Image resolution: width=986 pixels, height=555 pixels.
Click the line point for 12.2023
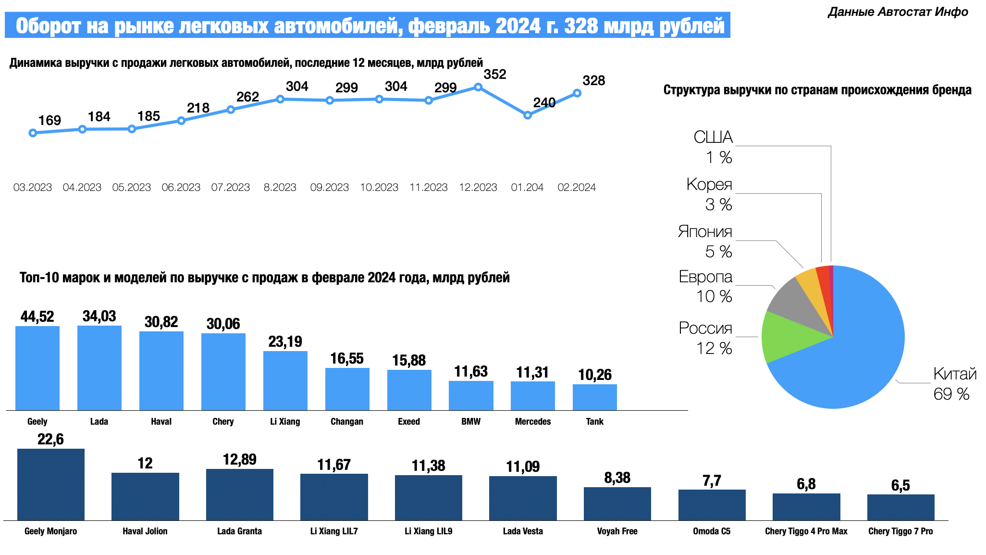[x=478, y=87]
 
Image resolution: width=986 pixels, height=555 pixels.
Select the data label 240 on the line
[x=544, y=102]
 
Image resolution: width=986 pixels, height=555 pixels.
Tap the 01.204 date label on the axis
[x=527, y=188]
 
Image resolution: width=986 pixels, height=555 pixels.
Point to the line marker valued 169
[x=33, y=133]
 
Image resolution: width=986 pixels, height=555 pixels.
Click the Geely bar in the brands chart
[x=37, y=368]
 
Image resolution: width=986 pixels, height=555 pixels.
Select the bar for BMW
[x=471, y=395]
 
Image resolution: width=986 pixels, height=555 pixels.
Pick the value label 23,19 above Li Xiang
[x=285, y=341]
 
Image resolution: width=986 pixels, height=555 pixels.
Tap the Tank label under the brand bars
[x=594, y=422]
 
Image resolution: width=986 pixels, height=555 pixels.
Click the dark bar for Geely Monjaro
[x=51, y=484]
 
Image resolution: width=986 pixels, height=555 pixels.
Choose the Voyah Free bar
[x=617, y=504]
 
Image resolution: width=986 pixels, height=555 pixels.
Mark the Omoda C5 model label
[x=711, y=531]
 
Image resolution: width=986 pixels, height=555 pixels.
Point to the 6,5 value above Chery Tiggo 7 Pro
[x=900, y=485]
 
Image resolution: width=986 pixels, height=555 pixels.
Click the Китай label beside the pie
[x=954, y=374]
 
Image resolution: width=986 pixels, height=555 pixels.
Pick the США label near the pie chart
[x=713, y=138]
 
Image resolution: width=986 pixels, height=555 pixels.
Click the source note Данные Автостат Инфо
[x=898, y=12]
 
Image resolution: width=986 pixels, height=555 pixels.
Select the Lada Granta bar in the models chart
[x=239, y=494]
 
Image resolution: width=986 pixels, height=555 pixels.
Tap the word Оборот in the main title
[x=48, y=25]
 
